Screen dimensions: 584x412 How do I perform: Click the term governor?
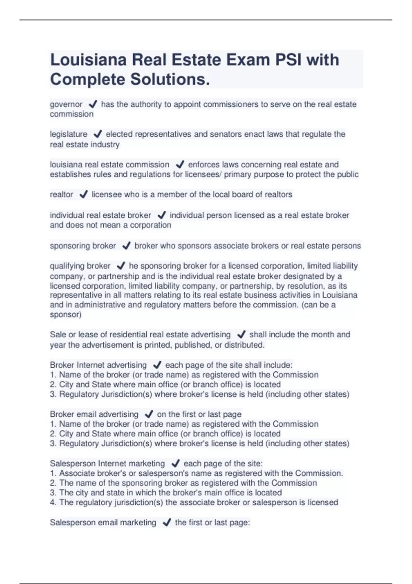tap(66, 104)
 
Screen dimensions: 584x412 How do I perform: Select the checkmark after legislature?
tap(98, 134)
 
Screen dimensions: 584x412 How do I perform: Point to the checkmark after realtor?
tap(83, 194)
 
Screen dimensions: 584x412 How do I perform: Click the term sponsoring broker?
tap(83, 246)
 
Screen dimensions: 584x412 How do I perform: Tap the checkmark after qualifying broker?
tap(121, 266)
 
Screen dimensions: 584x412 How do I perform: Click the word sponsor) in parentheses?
tap(66, 315)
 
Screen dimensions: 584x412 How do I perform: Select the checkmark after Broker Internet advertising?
tap(157, 365)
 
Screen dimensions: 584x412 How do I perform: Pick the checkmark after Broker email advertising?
tap(149, 414)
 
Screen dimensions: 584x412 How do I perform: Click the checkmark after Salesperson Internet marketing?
tap(175, 463)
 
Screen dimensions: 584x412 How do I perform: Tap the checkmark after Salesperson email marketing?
tap(167, 523)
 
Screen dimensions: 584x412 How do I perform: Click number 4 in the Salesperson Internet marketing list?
tap(53, 503)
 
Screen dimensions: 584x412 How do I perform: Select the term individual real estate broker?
tap(100, 215)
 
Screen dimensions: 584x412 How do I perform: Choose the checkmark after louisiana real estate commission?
tap(180, 165)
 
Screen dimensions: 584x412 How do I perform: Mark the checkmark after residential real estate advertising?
tap(241, 335)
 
